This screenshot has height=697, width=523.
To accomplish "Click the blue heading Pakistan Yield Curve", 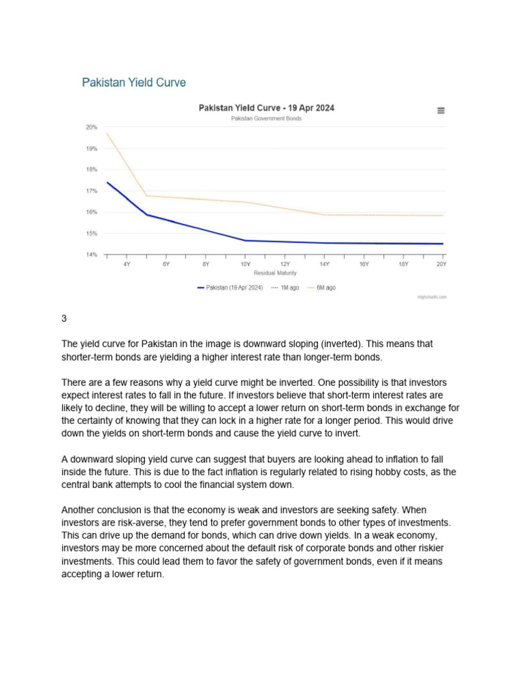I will (133, 82).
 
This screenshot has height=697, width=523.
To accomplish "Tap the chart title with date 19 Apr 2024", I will (266, 108).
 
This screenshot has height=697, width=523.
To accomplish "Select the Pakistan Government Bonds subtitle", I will (266, 118).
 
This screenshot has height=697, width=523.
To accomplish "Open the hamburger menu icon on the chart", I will (441, 110).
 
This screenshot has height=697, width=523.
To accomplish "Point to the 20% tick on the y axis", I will (91, 127).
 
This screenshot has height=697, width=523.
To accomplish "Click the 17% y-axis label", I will (91, 191).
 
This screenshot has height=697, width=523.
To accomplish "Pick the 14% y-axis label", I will (91, 255).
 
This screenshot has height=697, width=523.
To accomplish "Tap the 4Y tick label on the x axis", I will (127, 263).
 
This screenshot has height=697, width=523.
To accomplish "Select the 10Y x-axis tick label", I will (245, 263).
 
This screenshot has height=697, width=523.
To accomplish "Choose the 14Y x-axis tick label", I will (324, 263).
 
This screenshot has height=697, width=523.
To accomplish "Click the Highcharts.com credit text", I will (432, 297).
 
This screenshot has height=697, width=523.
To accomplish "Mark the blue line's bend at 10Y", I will (245, 240).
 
